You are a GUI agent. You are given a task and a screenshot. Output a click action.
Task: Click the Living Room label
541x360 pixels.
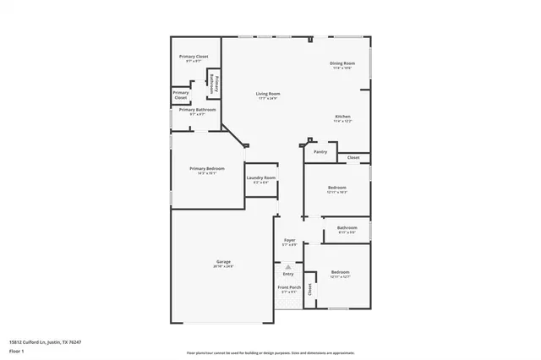269,94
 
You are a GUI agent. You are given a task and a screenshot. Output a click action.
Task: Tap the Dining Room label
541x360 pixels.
342,64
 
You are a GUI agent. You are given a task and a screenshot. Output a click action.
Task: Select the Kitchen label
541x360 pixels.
342,117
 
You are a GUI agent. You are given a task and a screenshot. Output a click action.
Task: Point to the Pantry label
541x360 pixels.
320,152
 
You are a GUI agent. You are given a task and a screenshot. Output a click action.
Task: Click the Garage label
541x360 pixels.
223,262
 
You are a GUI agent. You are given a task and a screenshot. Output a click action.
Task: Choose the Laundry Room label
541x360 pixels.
261,178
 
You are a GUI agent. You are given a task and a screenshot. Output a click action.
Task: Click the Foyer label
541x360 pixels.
289,241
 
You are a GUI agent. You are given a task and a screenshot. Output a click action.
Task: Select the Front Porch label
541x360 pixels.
289,288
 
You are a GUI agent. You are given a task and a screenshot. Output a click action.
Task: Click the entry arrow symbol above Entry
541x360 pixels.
288,266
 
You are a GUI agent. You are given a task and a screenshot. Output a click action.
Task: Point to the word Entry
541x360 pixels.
288,274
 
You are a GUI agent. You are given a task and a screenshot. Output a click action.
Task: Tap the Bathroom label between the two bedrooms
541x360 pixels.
347,227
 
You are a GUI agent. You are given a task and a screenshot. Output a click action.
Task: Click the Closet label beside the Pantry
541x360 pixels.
353,157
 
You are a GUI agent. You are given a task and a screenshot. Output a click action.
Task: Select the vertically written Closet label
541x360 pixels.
310,289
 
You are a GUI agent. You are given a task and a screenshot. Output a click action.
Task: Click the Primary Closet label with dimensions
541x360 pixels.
194,57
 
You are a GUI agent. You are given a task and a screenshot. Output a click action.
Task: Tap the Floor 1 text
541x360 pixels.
17,350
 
